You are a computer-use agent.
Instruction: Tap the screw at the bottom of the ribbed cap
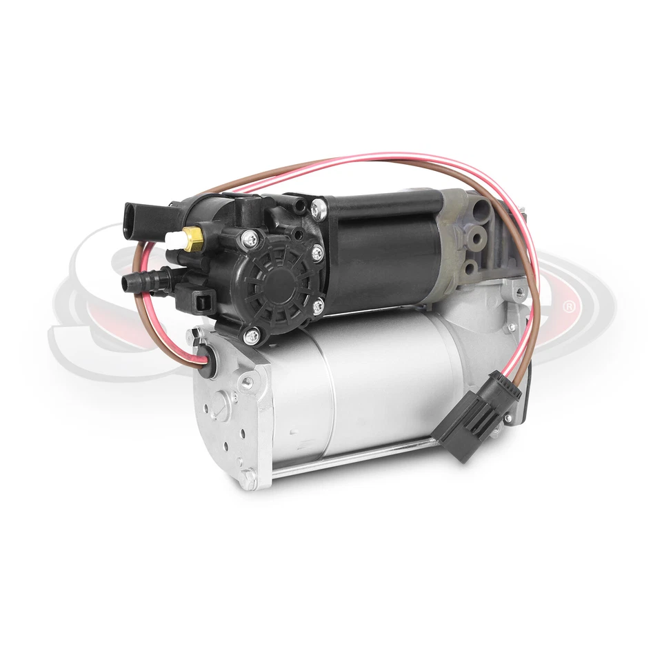tap(251, 335)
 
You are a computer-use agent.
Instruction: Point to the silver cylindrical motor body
tap(372, 386)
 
